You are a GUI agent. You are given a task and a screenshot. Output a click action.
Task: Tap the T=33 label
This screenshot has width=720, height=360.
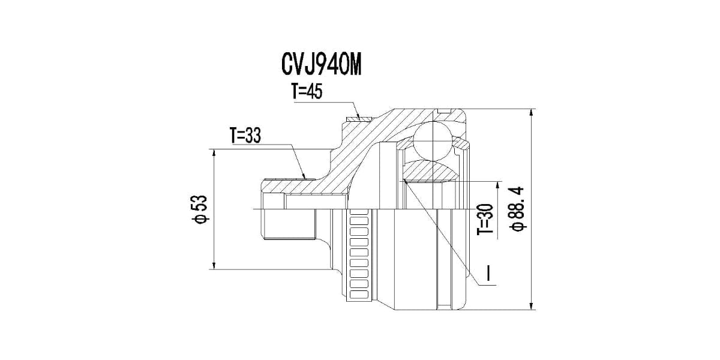tap(244, 136)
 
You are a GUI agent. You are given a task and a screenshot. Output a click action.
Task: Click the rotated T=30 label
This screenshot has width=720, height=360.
tap(485, 218)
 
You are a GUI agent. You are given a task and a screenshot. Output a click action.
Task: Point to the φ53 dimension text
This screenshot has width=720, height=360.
tap(200, 209)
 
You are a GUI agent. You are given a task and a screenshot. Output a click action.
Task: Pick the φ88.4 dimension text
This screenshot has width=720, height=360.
tap(517, 208)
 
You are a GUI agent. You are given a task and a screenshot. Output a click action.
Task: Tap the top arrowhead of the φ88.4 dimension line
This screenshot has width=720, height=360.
tap(532, 113)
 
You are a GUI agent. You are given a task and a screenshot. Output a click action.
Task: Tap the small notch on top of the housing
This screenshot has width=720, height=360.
tap(443, 111)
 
